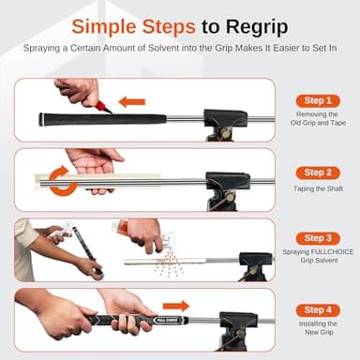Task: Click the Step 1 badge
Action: tap(318, 100)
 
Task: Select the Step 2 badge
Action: tap(318, 172)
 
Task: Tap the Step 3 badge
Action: tap(318, 238)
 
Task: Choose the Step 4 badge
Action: tap(318, 310)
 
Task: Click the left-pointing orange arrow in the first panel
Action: tap(132, 102)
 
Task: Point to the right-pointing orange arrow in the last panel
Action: tap(176, 306)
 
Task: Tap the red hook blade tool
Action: tap(103, 107)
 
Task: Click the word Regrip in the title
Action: tap(257, 27)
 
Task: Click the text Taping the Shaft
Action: tap(318, 188)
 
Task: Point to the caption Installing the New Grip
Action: tap(318, 328)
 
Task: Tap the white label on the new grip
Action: tap(168, 320)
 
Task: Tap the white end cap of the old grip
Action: tap(40, 120)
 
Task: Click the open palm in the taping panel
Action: tap(94, 163)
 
